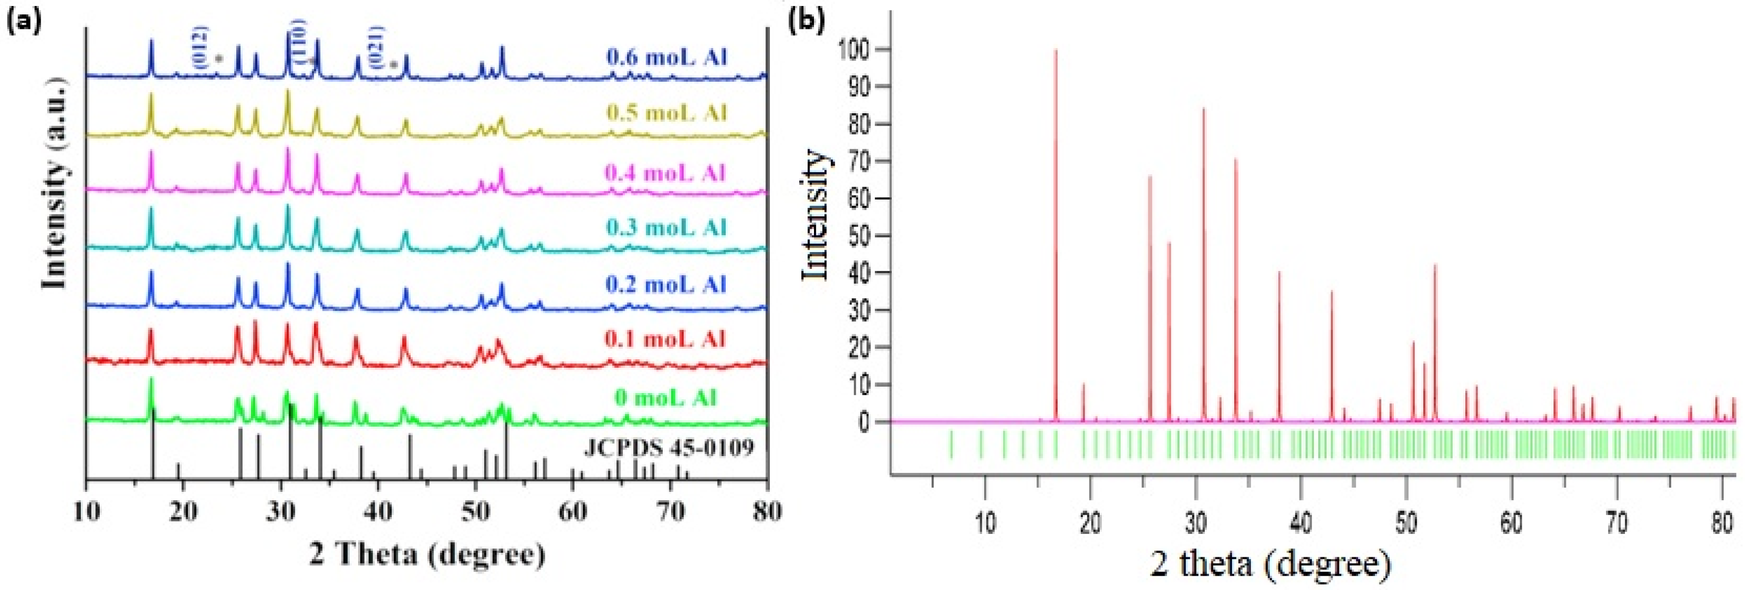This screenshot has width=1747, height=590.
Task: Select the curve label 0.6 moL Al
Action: point(666,57)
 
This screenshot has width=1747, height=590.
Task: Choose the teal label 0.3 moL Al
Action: point(666,227)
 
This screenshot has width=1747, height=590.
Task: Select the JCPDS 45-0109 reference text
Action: point(668,448)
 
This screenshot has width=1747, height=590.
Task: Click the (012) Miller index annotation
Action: point(200,48)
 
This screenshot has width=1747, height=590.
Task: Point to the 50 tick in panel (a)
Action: point(475,510)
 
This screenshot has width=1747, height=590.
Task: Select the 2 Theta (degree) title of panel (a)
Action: point(427,554)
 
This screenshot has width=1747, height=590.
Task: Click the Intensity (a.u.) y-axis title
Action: point(54,183)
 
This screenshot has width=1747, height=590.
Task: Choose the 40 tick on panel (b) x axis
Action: point(1301,523)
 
